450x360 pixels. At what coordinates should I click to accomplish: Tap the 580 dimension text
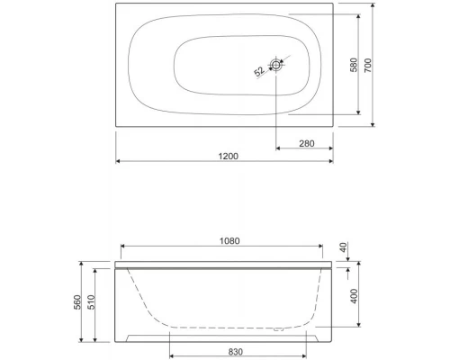(x=352, y=67)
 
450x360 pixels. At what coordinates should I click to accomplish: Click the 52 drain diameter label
(x=259, y=70)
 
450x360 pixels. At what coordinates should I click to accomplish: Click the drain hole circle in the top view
(x=276, y=65)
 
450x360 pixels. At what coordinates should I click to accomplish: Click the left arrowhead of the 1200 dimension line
(x=120, y=162)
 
